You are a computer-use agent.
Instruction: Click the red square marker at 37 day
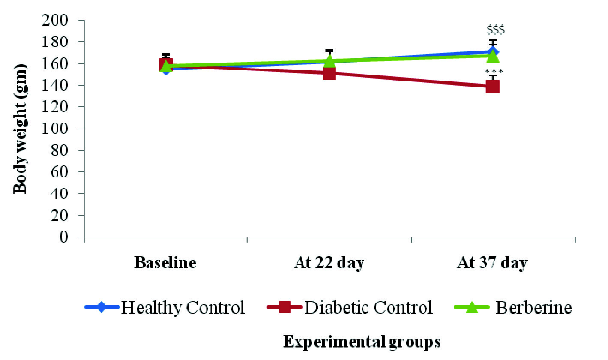(x=492, y=87)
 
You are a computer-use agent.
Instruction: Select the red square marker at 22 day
(x=329, y=73)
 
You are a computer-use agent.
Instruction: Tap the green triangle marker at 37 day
(x=492, y=55)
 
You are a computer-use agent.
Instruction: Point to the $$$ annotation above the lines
(x=496, y=30)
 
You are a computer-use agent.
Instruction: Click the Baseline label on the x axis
(x=165, y=263)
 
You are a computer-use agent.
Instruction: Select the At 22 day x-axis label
(x=329, y=263)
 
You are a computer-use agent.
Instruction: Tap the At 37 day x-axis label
(x=492, y=263)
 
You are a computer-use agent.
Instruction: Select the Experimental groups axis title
(x=362, y=342)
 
